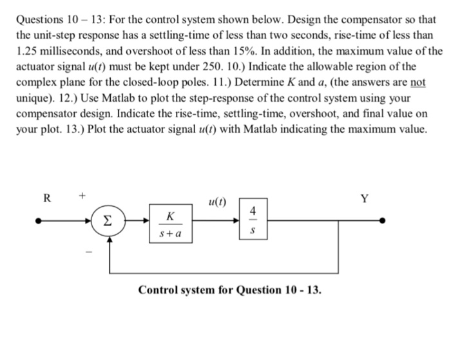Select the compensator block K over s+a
pos(169,221)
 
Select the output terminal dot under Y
pos(384,220)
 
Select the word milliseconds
pos(75,50)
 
